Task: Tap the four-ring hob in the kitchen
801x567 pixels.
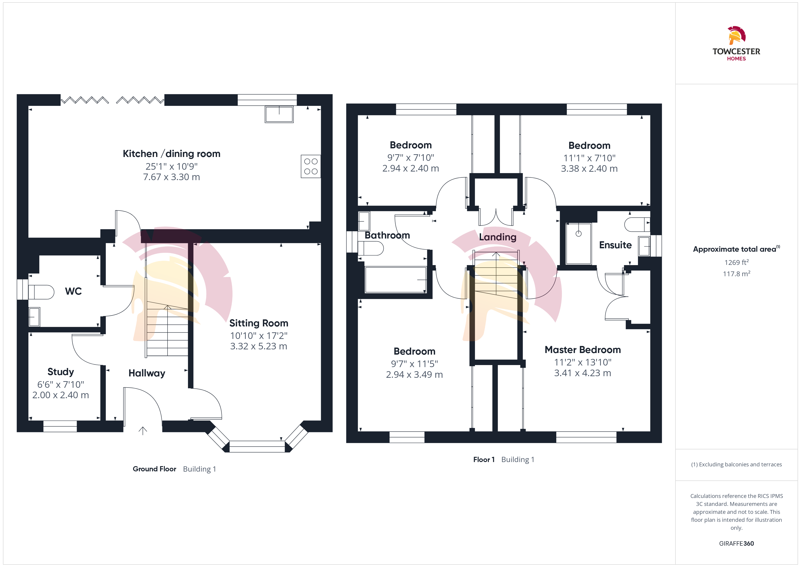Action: tap(311, 166)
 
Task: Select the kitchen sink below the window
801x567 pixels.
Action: tap(279, 114)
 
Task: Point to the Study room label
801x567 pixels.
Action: tap(61, 372)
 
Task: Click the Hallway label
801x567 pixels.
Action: tap(147, 373)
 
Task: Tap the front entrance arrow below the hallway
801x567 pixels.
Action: tap(143, 431)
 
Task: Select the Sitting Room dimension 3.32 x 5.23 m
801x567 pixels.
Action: tap(259, 346)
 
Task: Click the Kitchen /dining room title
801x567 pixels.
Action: tap(172, 154)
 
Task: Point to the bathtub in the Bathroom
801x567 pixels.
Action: tap(396, 280)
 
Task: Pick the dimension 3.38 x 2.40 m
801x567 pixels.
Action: tap(589, 169)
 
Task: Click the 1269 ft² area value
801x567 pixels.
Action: tap(737, 262)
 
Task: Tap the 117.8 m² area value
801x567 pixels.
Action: tap(737, 274)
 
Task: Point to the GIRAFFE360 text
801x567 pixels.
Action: tap(737, 544)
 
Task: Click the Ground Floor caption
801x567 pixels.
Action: tap(155, 469)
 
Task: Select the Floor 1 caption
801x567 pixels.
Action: tap(484, 460)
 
